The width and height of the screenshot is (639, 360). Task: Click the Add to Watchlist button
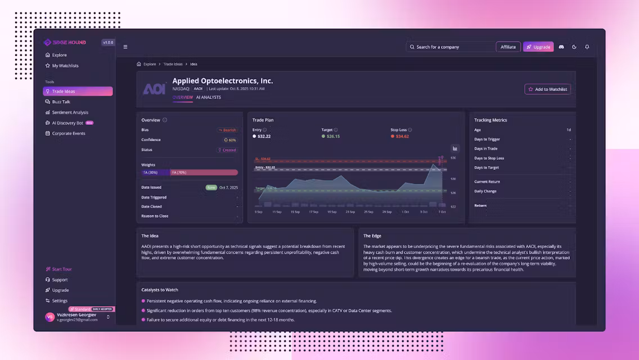(x=547, y=89)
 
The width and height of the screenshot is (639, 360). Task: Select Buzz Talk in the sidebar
(x=61, y=102)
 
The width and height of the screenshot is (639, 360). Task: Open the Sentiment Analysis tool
(x=70, y=112)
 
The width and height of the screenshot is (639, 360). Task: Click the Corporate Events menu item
(x=68, y=133)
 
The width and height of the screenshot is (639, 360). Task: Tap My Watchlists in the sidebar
(x=65, y=66)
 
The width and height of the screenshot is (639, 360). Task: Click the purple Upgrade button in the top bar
(x=538, y=47)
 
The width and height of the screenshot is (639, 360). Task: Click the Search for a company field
(x=450, y=47)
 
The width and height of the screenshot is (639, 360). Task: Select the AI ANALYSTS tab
(x=208, y=97)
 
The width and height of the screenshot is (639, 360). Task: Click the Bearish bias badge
(x=228, y=130)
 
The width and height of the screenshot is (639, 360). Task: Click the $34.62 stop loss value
(x=402, y=136)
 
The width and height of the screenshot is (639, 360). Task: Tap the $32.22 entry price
(x=264, y=136)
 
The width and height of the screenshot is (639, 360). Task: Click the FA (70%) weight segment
(x=204, y=173)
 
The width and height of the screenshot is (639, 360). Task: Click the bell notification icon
(x=587, y=47)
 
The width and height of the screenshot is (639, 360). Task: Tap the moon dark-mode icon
(x=574, y=47)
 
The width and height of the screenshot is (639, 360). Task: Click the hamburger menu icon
(x=125, y=47)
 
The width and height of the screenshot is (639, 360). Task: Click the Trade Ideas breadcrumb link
(x=173, y=64)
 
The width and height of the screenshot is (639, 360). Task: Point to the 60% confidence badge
(x=230, y=140)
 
